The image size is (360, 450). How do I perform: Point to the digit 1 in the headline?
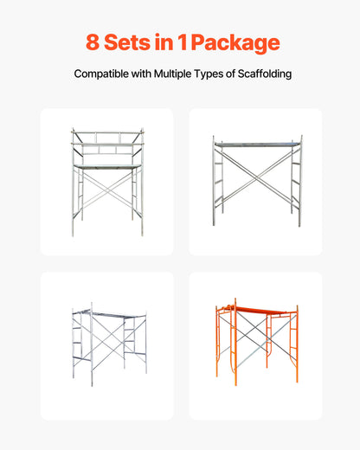pos(190,42)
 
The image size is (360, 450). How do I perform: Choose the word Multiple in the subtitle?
pos(183,74)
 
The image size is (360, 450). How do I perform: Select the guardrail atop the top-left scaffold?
pos(106,139)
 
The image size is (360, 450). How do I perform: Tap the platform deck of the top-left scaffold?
pos(106,164)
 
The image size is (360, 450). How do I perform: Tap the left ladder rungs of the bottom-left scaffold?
pos(77,339)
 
